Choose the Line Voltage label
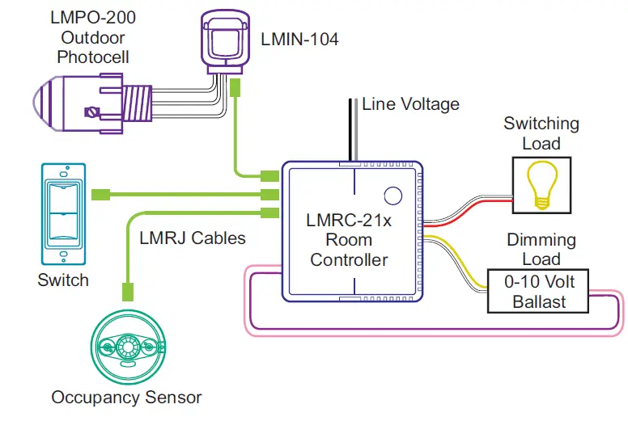click(x=410, y=103)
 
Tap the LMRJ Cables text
click(x=192, y=238)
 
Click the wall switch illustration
click(x=63, y=213)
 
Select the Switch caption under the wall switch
click(x=63, y=281)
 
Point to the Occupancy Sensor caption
click(x=126, y=397)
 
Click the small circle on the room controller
click(x=392, y=195)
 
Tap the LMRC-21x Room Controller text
click(x=349, y=240)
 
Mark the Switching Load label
click(x=541, y=134)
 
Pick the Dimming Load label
click(x=541, y=250)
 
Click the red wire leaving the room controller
click(x=469, y=211)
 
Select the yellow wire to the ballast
click(x=461, y=257)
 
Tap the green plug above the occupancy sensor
click(x=127, y=288)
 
